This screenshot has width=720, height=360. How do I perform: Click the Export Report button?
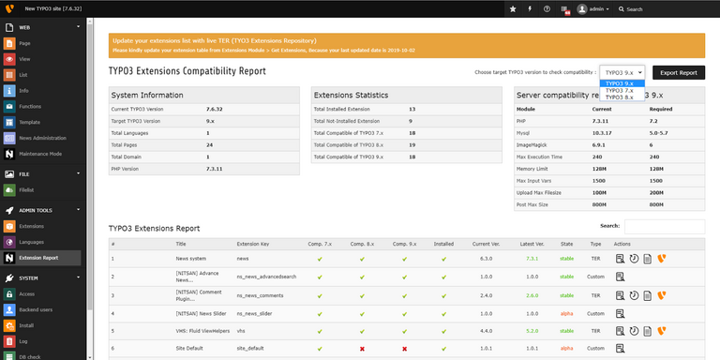(679, 72)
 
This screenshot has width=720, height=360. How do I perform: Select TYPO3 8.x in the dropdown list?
(620, 97)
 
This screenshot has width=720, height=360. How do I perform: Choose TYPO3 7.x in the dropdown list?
(620, 90)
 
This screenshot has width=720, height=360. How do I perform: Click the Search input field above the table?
(664, 226)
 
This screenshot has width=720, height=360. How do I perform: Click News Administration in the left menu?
(42, 138)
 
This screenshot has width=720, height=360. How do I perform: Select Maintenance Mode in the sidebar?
(40, 154)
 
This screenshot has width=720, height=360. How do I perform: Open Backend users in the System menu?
(36, 308)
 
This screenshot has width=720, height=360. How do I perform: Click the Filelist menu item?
(26, 189)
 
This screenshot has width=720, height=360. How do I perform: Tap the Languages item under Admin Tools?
(32, 242)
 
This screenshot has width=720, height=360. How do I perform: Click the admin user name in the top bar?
(598, 8)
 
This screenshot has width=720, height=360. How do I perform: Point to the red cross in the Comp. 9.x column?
(404, 348)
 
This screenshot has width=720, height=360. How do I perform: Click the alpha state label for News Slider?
(566, 312)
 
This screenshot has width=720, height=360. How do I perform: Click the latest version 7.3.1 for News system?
(532, 258)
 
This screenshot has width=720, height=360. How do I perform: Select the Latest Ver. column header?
(532, 243)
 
